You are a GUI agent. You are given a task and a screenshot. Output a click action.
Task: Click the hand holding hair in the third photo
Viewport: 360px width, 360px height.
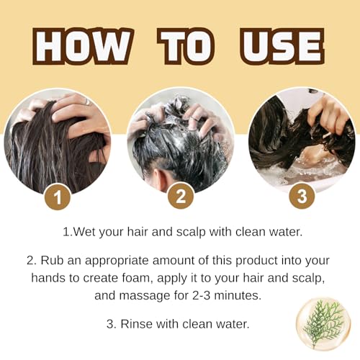328,115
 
